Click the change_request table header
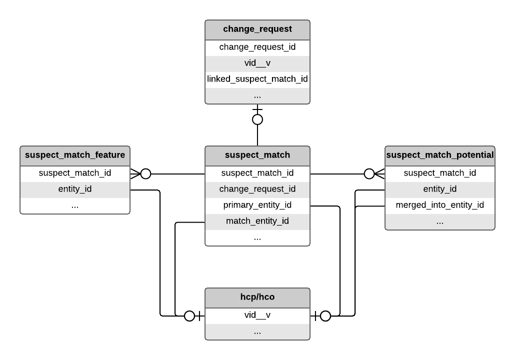(257, 29)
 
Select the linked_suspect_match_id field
(257, 79)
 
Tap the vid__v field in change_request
(257, 63)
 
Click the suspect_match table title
(257, 155)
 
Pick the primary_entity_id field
(257, 205)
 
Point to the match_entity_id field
(257, 221)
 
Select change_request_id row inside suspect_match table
(257, 189)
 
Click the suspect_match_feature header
(75, 155)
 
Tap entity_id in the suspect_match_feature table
(75, 189)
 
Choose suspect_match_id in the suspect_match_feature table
(75, 173)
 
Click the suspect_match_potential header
(440, 155)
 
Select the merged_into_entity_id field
(440, 205)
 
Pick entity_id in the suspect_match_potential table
(440, 189)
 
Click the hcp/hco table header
(257, 297)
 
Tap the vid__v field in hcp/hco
(257, 315)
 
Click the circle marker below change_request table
(257, 119)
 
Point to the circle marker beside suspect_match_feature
(145, 174)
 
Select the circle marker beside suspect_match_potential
(369, 174)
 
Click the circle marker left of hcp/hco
(189, 316)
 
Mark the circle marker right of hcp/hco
(325, 316)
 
